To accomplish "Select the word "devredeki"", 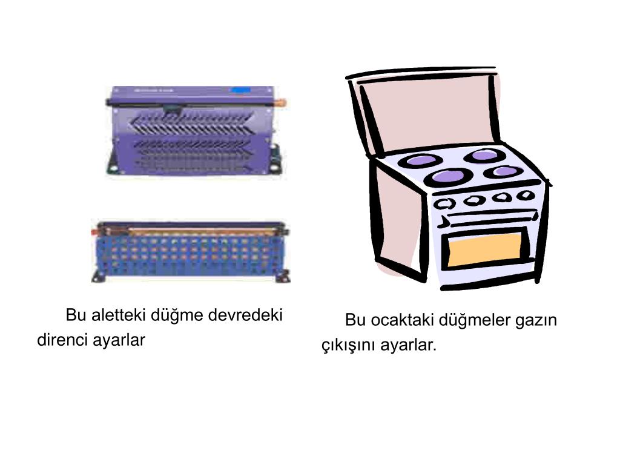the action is (x=245, y=315).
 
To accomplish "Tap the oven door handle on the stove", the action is (x=490, y=218).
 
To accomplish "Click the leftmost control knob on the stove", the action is (x=444, y=203).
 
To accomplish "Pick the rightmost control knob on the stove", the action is (x=526, y=194).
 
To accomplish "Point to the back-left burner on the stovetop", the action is (x=420, y=160).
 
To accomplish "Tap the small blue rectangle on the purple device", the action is (x=240, y=91).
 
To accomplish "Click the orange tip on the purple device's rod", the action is (x=282, y=103).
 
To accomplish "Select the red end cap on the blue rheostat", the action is (x=94, y=232).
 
